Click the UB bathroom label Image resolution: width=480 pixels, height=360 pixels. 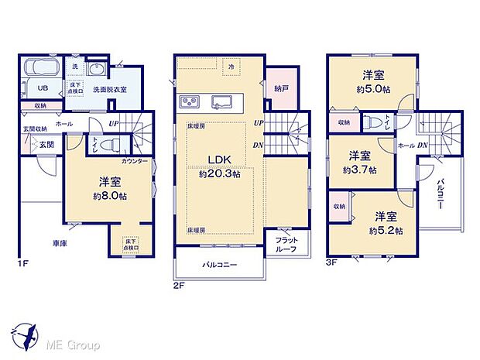[x=34, y=87]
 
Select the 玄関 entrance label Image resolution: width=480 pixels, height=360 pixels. [x=46, y=144]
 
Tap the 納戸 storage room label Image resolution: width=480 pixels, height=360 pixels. [x=281, y=89]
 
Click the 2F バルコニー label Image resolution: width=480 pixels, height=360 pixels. [x=220, y=265]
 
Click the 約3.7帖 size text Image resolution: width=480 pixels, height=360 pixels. [x=360, y=169]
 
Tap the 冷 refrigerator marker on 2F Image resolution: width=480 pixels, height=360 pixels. [x=231, y=68]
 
